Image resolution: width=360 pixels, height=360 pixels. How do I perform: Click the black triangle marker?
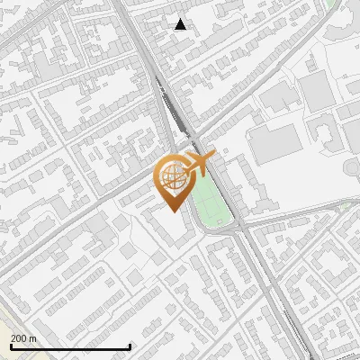(x=181, y=24)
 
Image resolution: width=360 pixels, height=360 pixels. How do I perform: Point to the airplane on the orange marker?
(x=195, y=166)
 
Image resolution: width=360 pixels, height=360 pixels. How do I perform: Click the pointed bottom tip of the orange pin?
(x=173, y=209)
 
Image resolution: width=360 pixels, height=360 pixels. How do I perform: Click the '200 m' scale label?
(x=23, y=338)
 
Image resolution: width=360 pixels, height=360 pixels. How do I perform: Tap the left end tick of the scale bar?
(x=10, y=346)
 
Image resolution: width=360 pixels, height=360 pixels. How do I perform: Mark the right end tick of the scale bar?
(x=130, y=346)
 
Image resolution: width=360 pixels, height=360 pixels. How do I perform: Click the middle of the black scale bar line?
(x=70, y=347)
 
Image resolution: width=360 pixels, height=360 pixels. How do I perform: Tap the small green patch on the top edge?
(x=332, y=4)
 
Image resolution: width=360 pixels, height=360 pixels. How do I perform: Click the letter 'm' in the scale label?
(x=32, y=338)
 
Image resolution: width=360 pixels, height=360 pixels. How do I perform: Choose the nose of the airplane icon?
(x=211, y=159)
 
